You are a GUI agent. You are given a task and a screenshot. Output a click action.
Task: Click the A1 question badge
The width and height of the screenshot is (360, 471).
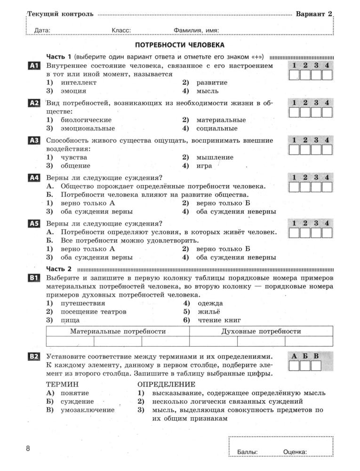click(33, 66)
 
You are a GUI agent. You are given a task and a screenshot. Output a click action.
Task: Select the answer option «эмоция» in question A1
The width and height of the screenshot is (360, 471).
click(73, 91)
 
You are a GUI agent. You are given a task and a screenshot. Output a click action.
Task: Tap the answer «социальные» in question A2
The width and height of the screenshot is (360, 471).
click(217, 128)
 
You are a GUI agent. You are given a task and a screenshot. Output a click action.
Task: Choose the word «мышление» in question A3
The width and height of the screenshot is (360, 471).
click(215, 157)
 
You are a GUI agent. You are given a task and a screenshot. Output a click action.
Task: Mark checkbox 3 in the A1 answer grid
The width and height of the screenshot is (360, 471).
click(316, 76)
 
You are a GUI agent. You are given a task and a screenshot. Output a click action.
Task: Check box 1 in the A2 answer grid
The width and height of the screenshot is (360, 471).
click(294, 113)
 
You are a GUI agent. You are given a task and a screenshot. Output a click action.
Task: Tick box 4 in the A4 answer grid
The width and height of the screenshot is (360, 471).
click(327, 187)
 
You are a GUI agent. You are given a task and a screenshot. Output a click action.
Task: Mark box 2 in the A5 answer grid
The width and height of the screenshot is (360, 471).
click(305, 233)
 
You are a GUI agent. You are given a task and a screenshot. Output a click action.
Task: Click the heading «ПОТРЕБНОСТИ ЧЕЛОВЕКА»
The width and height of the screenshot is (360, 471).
click(180, 45)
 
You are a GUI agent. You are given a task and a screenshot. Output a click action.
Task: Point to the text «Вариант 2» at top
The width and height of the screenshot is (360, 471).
click(314, 14)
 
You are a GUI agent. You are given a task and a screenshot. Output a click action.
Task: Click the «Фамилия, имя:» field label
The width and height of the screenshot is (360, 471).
click(196, 31)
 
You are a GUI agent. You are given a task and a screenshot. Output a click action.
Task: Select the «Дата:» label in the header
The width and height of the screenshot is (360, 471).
click(42, 31)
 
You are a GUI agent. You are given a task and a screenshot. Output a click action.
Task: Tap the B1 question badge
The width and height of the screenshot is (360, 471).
click(33, 278)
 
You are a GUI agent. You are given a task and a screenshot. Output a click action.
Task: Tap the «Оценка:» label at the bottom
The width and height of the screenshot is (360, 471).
click(295, 452)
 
